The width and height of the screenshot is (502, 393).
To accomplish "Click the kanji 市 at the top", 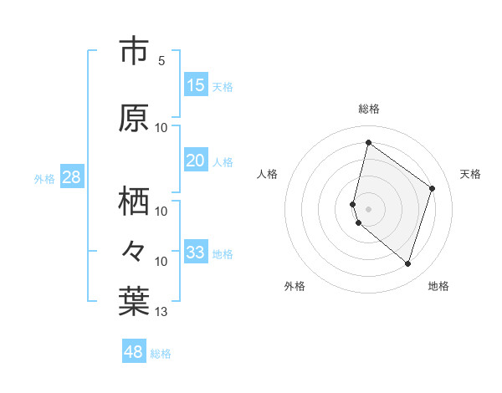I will (134, 52).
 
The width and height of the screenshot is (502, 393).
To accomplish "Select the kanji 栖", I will (134, 201).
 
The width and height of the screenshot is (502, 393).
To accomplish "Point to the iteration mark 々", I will (134, 250).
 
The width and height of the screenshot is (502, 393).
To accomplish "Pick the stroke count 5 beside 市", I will (161, 61).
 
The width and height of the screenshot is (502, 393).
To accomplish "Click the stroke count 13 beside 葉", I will (161, 313).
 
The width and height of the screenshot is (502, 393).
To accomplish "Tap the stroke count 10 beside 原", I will (161, 128).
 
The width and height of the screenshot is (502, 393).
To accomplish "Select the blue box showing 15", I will (195, 85).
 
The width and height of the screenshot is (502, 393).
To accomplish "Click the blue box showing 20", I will (195, 161).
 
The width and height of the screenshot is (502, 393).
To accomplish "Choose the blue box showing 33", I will (195, 253).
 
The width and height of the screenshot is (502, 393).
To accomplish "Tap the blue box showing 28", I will (70, 177).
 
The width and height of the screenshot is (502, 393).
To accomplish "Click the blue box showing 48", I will (134, 352).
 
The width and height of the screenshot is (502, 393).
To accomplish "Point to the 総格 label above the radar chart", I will (369, 109).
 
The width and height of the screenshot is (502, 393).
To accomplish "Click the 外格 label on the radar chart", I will (295, 286).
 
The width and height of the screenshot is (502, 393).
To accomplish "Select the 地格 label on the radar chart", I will (438, 286).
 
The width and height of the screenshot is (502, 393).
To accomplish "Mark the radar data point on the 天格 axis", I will (433, 188).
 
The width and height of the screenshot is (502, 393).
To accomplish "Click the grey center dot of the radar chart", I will (369, 208).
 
